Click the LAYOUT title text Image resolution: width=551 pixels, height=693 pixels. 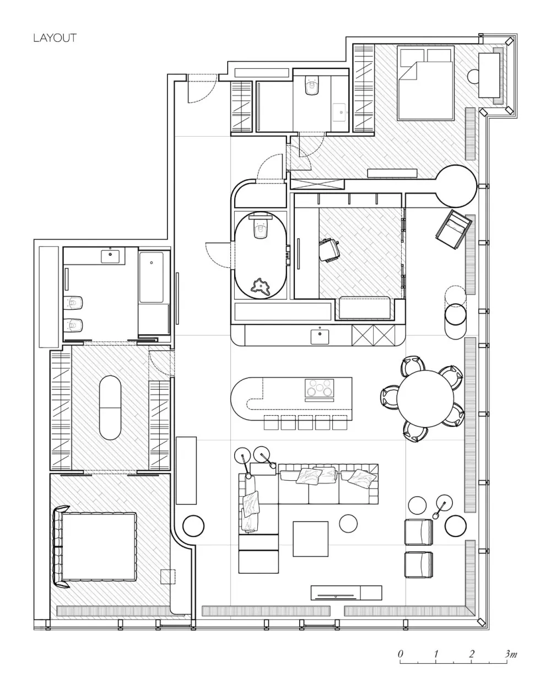coord(55,38)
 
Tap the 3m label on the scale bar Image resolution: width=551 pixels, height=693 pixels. coord(510,654)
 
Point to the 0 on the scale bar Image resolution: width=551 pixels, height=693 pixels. coord(400,654)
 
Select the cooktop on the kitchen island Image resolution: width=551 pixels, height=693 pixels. coord(319,388)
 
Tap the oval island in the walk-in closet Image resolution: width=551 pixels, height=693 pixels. coord(110,407)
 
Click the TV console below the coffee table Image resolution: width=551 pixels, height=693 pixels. coord(347,593)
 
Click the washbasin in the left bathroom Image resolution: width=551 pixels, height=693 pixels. coord(110,257)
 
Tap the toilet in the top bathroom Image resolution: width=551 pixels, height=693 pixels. coord(311,85)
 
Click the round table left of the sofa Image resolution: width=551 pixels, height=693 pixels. coord(193,525)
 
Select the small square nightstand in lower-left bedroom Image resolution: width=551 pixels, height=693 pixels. coord(168,577)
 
